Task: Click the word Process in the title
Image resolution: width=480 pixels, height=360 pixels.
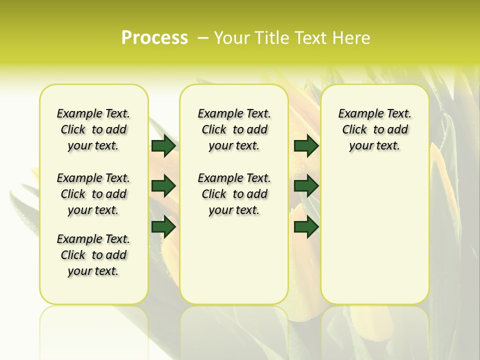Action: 154,38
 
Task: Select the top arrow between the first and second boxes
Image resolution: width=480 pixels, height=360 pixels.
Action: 163,145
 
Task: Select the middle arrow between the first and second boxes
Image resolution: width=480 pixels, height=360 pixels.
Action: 163,186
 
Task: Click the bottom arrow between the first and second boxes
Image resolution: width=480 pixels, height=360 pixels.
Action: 163,227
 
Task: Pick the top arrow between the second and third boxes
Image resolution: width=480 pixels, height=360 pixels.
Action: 306,145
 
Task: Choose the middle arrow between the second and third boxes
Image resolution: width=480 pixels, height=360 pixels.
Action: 306,186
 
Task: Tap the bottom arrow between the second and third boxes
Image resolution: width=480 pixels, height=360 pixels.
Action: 306,227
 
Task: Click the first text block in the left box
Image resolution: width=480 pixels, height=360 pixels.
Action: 93,129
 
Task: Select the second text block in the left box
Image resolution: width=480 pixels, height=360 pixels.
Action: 93,194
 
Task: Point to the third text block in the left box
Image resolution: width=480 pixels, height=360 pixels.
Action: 93,255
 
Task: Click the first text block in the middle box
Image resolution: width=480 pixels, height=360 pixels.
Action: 234,129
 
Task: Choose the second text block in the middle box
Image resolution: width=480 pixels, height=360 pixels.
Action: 234,194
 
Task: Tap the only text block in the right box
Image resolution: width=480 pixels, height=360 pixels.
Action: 374,129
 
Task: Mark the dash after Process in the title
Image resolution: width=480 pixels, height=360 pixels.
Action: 203,38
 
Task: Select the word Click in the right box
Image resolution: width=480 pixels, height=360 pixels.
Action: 354,130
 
